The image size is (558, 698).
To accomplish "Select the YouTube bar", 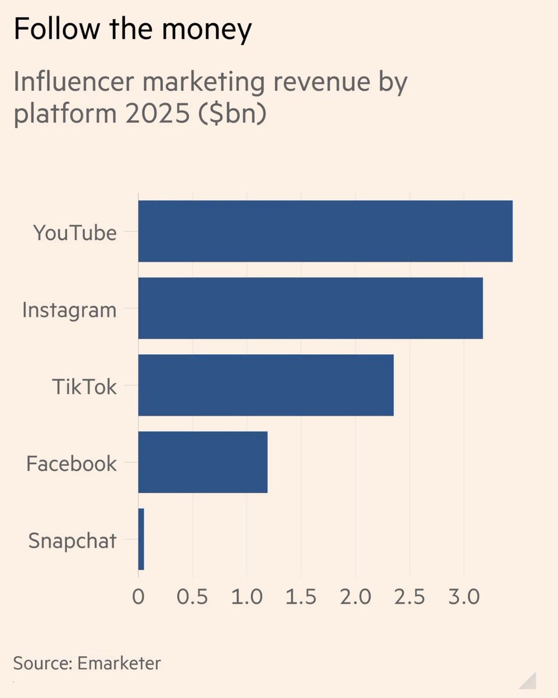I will coord(325,231).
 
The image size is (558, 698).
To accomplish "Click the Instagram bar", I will coord(310,308).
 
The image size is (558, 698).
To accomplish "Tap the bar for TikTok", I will coord(265,385).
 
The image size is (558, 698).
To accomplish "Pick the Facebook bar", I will coord(202,462).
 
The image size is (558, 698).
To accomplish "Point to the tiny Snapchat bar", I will coord(141,539).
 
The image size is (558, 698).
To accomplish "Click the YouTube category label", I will coord(74,233).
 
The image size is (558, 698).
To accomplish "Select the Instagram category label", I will coord(69,310).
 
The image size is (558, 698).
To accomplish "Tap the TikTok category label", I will coord(85,387).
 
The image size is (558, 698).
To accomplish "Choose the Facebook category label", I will coord(72,464).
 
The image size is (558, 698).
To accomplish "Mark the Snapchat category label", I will coord(72,541).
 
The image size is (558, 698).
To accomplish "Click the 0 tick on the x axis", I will coord(138,598).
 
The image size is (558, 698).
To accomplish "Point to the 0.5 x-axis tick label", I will coord(192,598).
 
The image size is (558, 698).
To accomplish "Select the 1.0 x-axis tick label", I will coord(247,598).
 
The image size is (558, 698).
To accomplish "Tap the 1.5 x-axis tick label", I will coord(301,598).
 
